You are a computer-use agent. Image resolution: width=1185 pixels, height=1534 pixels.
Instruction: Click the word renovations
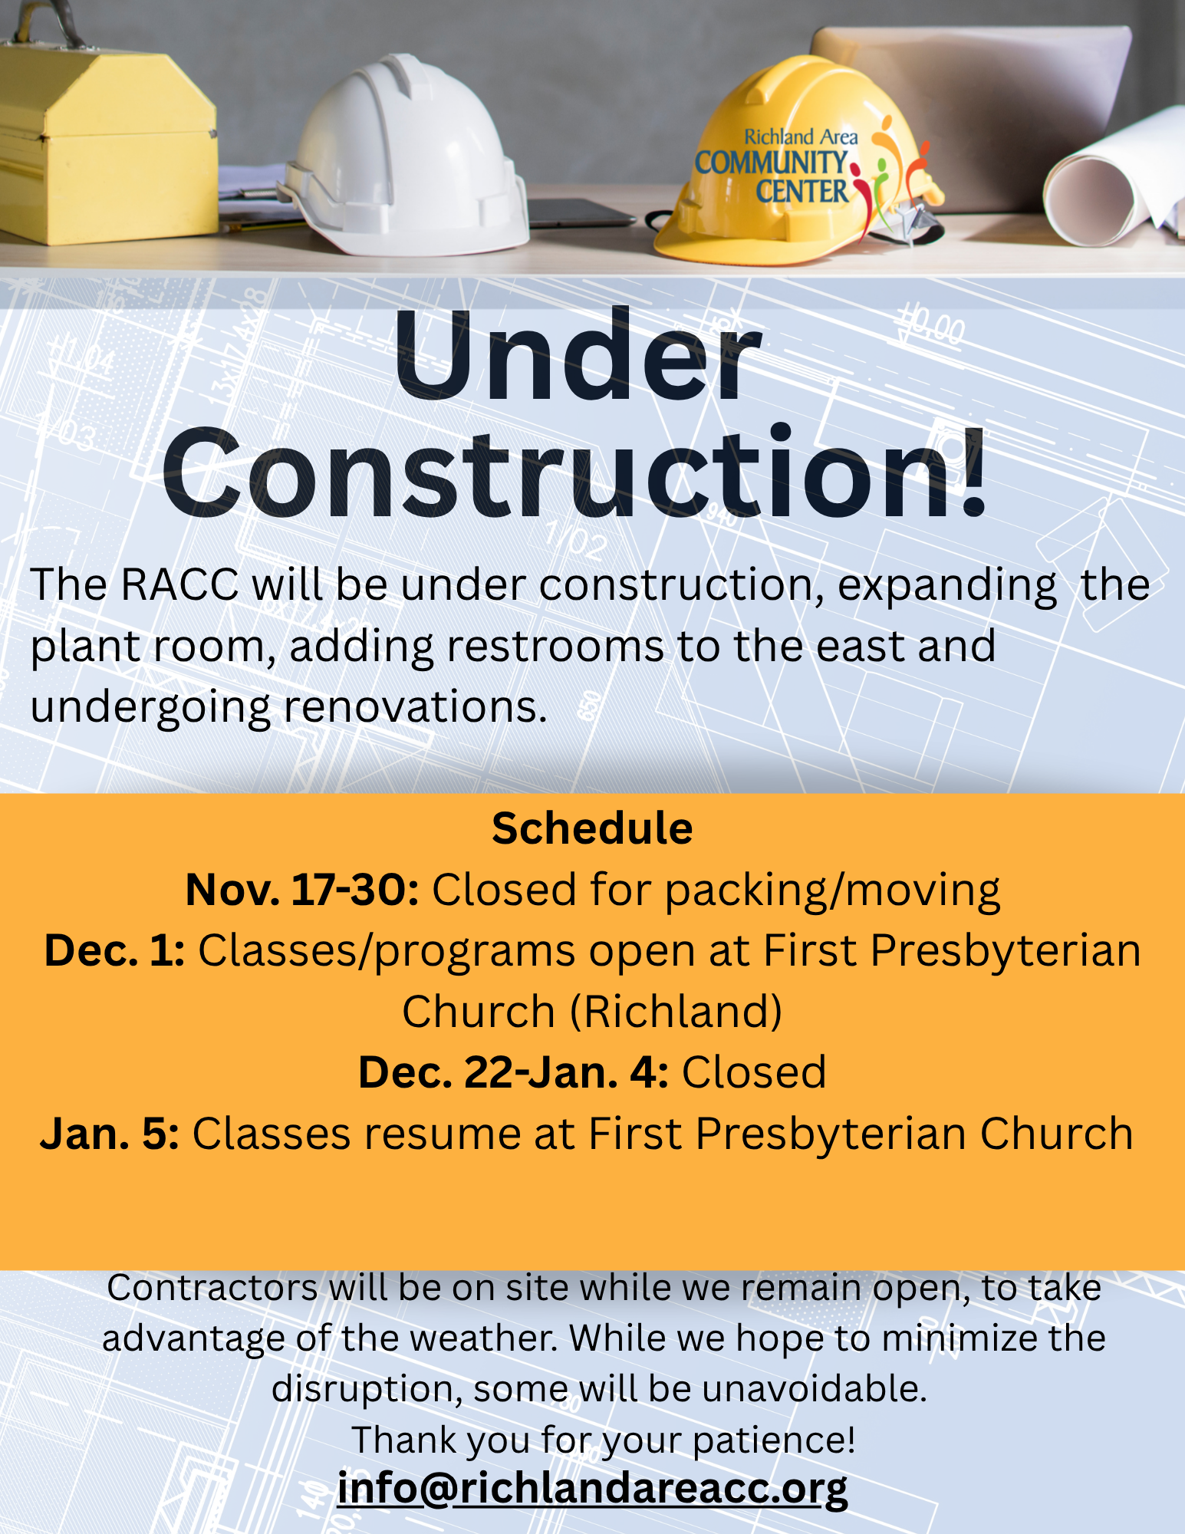point(415,706)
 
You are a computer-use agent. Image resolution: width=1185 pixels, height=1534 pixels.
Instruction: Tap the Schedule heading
point(592,828)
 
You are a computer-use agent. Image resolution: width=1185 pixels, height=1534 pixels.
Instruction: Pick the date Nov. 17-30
point(302,890)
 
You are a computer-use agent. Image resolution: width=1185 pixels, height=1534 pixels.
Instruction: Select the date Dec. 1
point(114,951)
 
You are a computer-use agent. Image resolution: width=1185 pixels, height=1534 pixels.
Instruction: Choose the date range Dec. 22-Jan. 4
point(513,1072)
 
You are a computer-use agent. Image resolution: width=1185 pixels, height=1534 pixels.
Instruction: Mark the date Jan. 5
point(110,1134)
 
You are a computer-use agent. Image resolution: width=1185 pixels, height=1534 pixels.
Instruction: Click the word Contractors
point(212,1288)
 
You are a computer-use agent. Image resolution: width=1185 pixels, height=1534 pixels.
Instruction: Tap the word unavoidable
point(814,1389)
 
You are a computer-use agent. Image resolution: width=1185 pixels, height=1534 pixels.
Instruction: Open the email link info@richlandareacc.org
point(592,1489)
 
